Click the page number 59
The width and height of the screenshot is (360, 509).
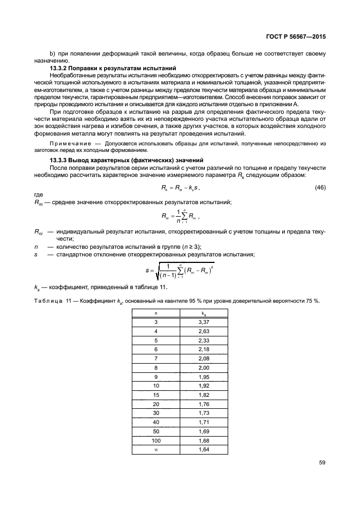coord(321,463)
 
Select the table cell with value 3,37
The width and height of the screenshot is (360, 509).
coord(203,322)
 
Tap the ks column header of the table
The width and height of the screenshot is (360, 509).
coord(203,314)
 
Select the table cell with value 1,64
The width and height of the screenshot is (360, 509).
coord(203,450)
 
